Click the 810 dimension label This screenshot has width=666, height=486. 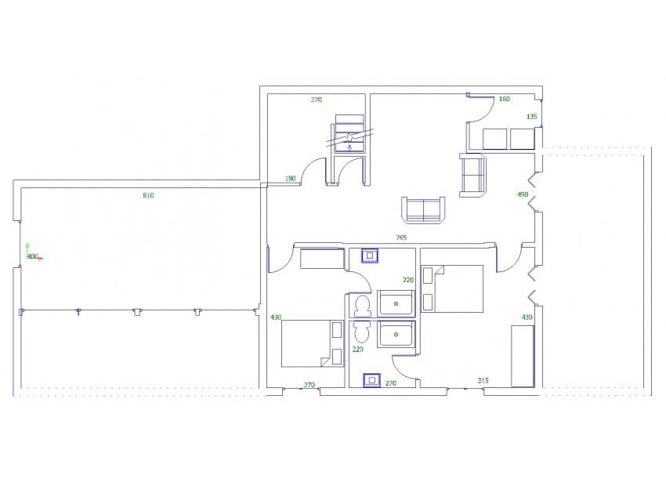(148, 195)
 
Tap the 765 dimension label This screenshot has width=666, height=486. (400, 238)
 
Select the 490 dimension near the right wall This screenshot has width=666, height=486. (523, 194)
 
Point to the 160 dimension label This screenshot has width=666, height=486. (504, 99)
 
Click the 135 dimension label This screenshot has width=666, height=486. (532, 117)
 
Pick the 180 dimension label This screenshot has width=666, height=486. (291, 179)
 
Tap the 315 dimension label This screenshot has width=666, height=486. (483, 380)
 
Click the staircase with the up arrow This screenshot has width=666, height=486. (349, 134)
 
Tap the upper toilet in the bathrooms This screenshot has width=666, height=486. (362, 304)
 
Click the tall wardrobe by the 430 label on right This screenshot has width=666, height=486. (523, 356)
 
